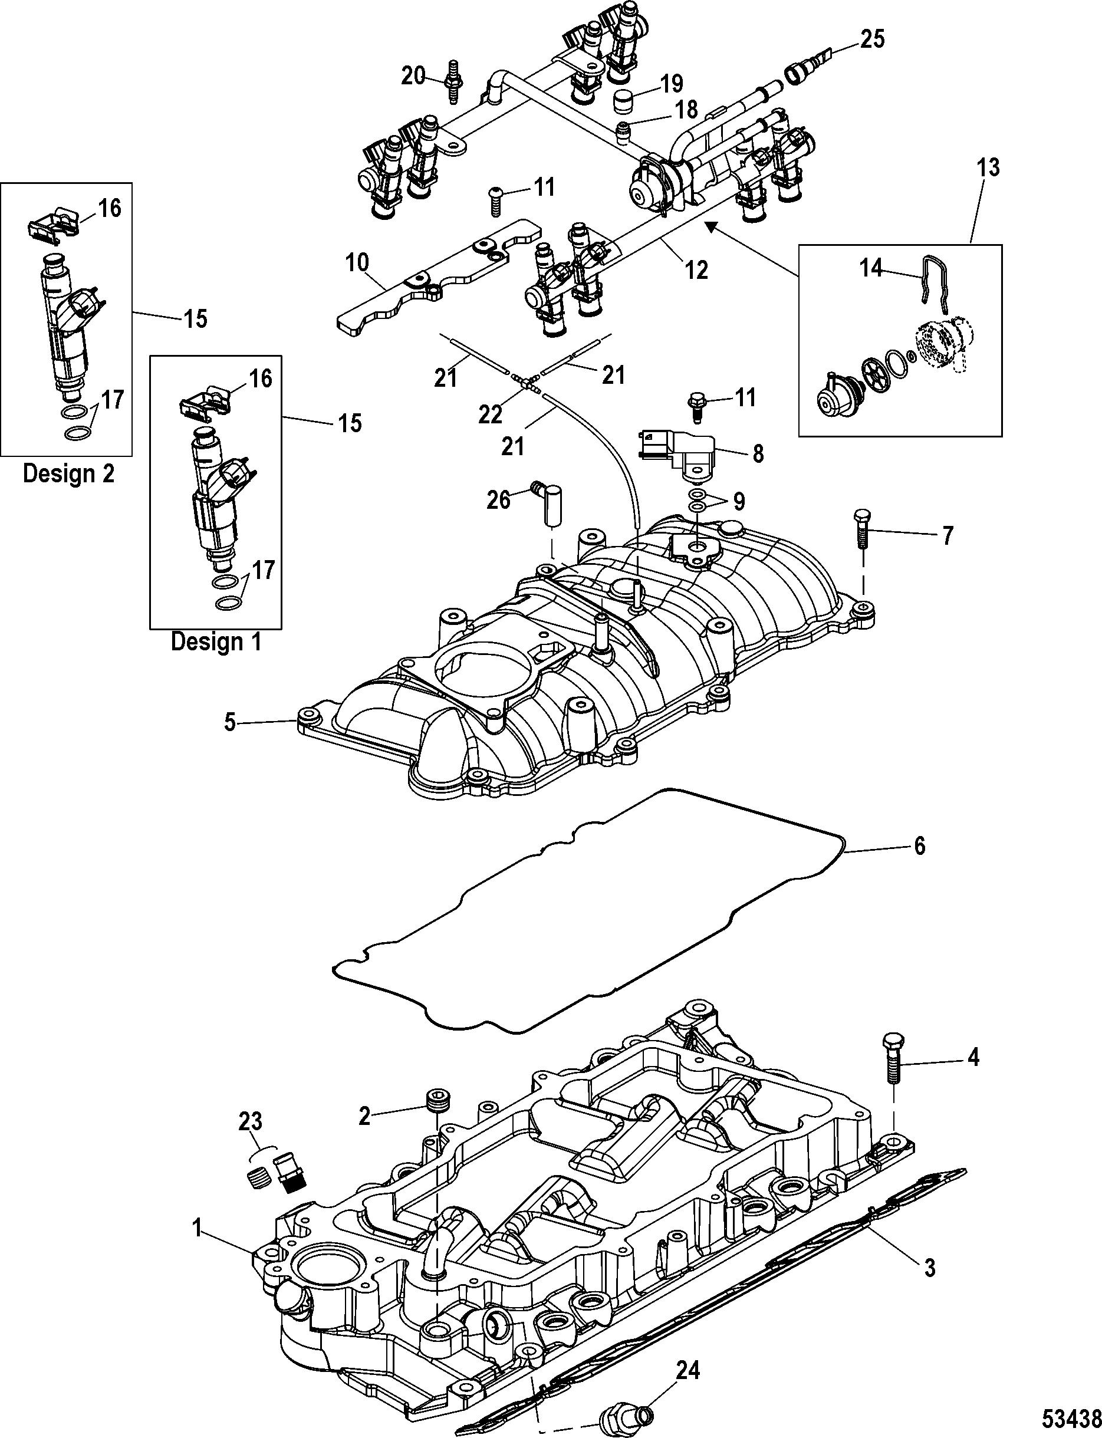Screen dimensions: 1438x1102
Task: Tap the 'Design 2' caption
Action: pyautogui.click(x=68, y=473)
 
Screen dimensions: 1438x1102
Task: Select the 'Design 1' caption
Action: pyautogui.click(x=216, y=641)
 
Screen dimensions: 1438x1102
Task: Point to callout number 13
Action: pyautogui.click(x=989, y=168)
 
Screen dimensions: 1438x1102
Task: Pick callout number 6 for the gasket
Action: pyautogui.click(x=919, y=846)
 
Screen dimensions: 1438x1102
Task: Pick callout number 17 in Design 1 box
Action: pyautogui.click(x=263, y=569)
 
